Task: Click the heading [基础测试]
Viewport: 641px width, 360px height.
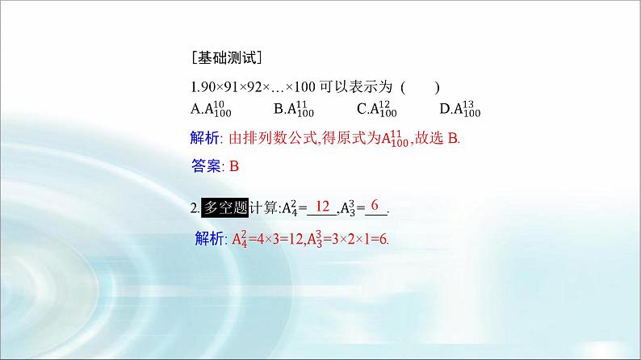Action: pyautogui.click(x=226, y=58)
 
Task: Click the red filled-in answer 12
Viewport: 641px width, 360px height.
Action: pyautogui.click(x=322, y=207)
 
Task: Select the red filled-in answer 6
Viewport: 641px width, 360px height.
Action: pyautogui.click(x=375, y=207)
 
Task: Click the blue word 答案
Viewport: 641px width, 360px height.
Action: pyautogui.click(x=207, y=167)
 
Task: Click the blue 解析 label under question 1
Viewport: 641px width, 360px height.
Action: pyautogui.click(x=207, y=138)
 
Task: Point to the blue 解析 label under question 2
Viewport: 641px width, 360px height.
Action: pyautogui.click(x=211, y=239)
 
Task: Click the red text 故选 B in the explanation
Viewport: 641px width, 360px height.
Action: pyautogui.click(x=436, y=138)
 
